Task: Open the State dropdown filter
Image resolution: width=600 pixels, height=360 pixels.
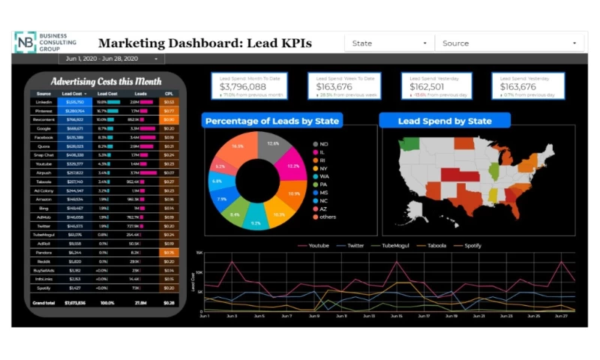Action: pyautogui.click(x=389, y=43)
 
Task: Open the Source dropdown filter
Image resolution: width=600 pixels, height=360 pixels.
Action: pyautogui.click(x=510, y=43)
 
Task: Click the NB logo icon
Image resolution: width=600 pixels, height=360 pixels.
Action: pyautogui.click(x=25, y=42)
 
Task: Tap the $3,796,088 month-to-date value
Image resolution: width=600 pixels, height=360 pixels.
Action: pyautogui.click(x=244, y=87)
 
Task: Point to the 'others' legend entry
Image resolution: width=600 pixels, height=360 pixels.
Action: pyautogui.click(x=328, y=217)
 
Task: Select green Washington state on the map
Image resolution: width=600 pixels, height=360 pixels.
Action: pyautogui.click(x=409, y=144)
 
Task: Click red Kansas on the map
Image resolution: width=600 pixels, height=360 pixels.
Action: pyautogui.click(x=452, y=174)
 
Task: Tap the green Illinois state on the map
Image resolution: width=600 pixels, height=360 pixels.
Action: pyautogui.click(x=493, y=171)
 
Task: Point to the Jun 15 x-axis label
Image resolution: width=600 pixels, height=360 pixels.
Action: pyautogui.click(x=396, y=316)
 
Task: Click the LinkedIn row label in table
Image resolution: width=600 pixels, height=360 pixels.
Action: pyautogui.click(x=43, y=101)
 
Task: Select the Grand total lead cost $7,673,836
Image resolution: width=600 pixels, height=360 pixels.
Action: pyautogui.click(x=75, y=302)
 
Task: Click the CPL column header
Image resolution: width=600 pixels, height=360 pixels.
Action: pyautogui.click(x=169, y=94)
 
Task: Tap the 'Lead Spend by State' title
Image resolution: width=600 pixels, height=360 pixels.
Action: pyautogui.click(x=444, y=121)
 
